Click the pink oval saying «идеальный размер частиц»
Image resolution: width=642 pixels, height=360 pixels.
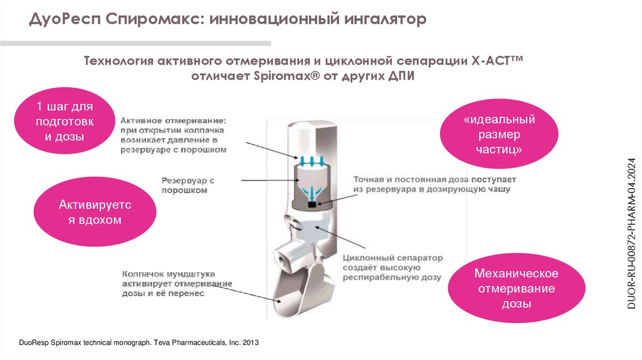499,135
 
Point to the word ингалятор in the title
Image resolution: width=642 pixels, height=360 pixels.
385,20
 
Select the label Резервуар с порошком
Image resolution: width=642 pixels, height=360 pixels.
188,184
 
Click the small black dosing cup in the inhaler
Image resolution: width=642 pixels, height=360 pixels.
311,204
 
